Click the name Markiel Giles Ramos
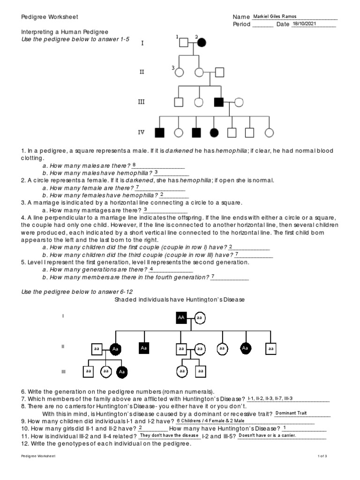274,16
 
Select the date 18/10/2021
306,23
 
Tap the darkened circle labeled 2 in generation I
202,43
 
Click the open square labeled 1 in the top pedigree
184,43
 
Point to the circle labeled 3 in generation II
180,73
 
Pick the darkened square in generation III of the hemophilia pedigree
218,101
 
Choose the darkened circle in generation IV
214,133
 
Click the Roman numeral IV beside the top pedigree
142,133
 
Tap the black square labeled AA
181,318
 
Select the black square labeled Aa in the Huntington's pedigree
144,348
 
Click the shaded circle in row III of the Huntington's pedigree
122,372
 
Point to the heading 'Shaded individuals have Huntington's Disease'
180,299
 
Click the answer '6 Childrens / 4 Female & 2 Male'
210,420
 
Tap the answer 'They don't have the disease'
170,435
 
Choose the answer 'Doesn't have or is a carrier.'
267,435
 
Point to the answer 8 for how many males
134,165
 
